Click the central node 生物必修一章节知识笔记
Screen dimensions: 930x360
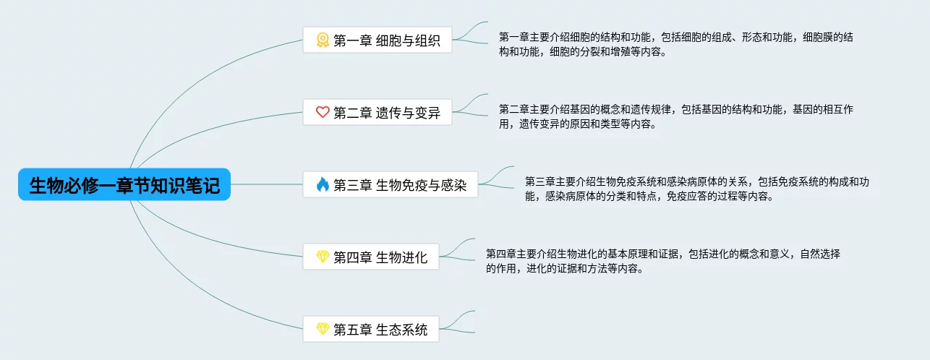point(124,184)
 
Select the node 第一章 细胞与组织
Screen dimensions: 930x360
point(377,40)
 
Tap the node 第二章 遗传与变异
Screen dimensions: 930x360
point(377,112)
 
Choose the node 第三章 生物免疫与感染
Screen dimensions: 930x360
point(390,184)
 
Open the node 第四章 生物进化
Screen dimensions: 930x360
point(370,257)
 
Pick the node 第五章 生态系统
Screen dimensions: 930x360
point(370,330)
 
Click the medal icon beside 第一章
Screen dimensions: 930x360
point(323,40)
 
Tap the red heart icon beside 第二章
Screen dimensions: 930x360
point(323,112)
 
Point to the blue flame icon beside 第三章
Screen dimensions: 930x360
point(323,184)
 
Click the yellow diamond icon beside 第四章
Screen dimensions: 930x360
point(323,257)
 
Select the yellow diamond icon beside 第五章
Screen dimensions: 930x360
point(323,330)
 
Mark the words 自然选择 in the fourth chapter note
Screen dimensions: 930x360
point(820,254)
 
